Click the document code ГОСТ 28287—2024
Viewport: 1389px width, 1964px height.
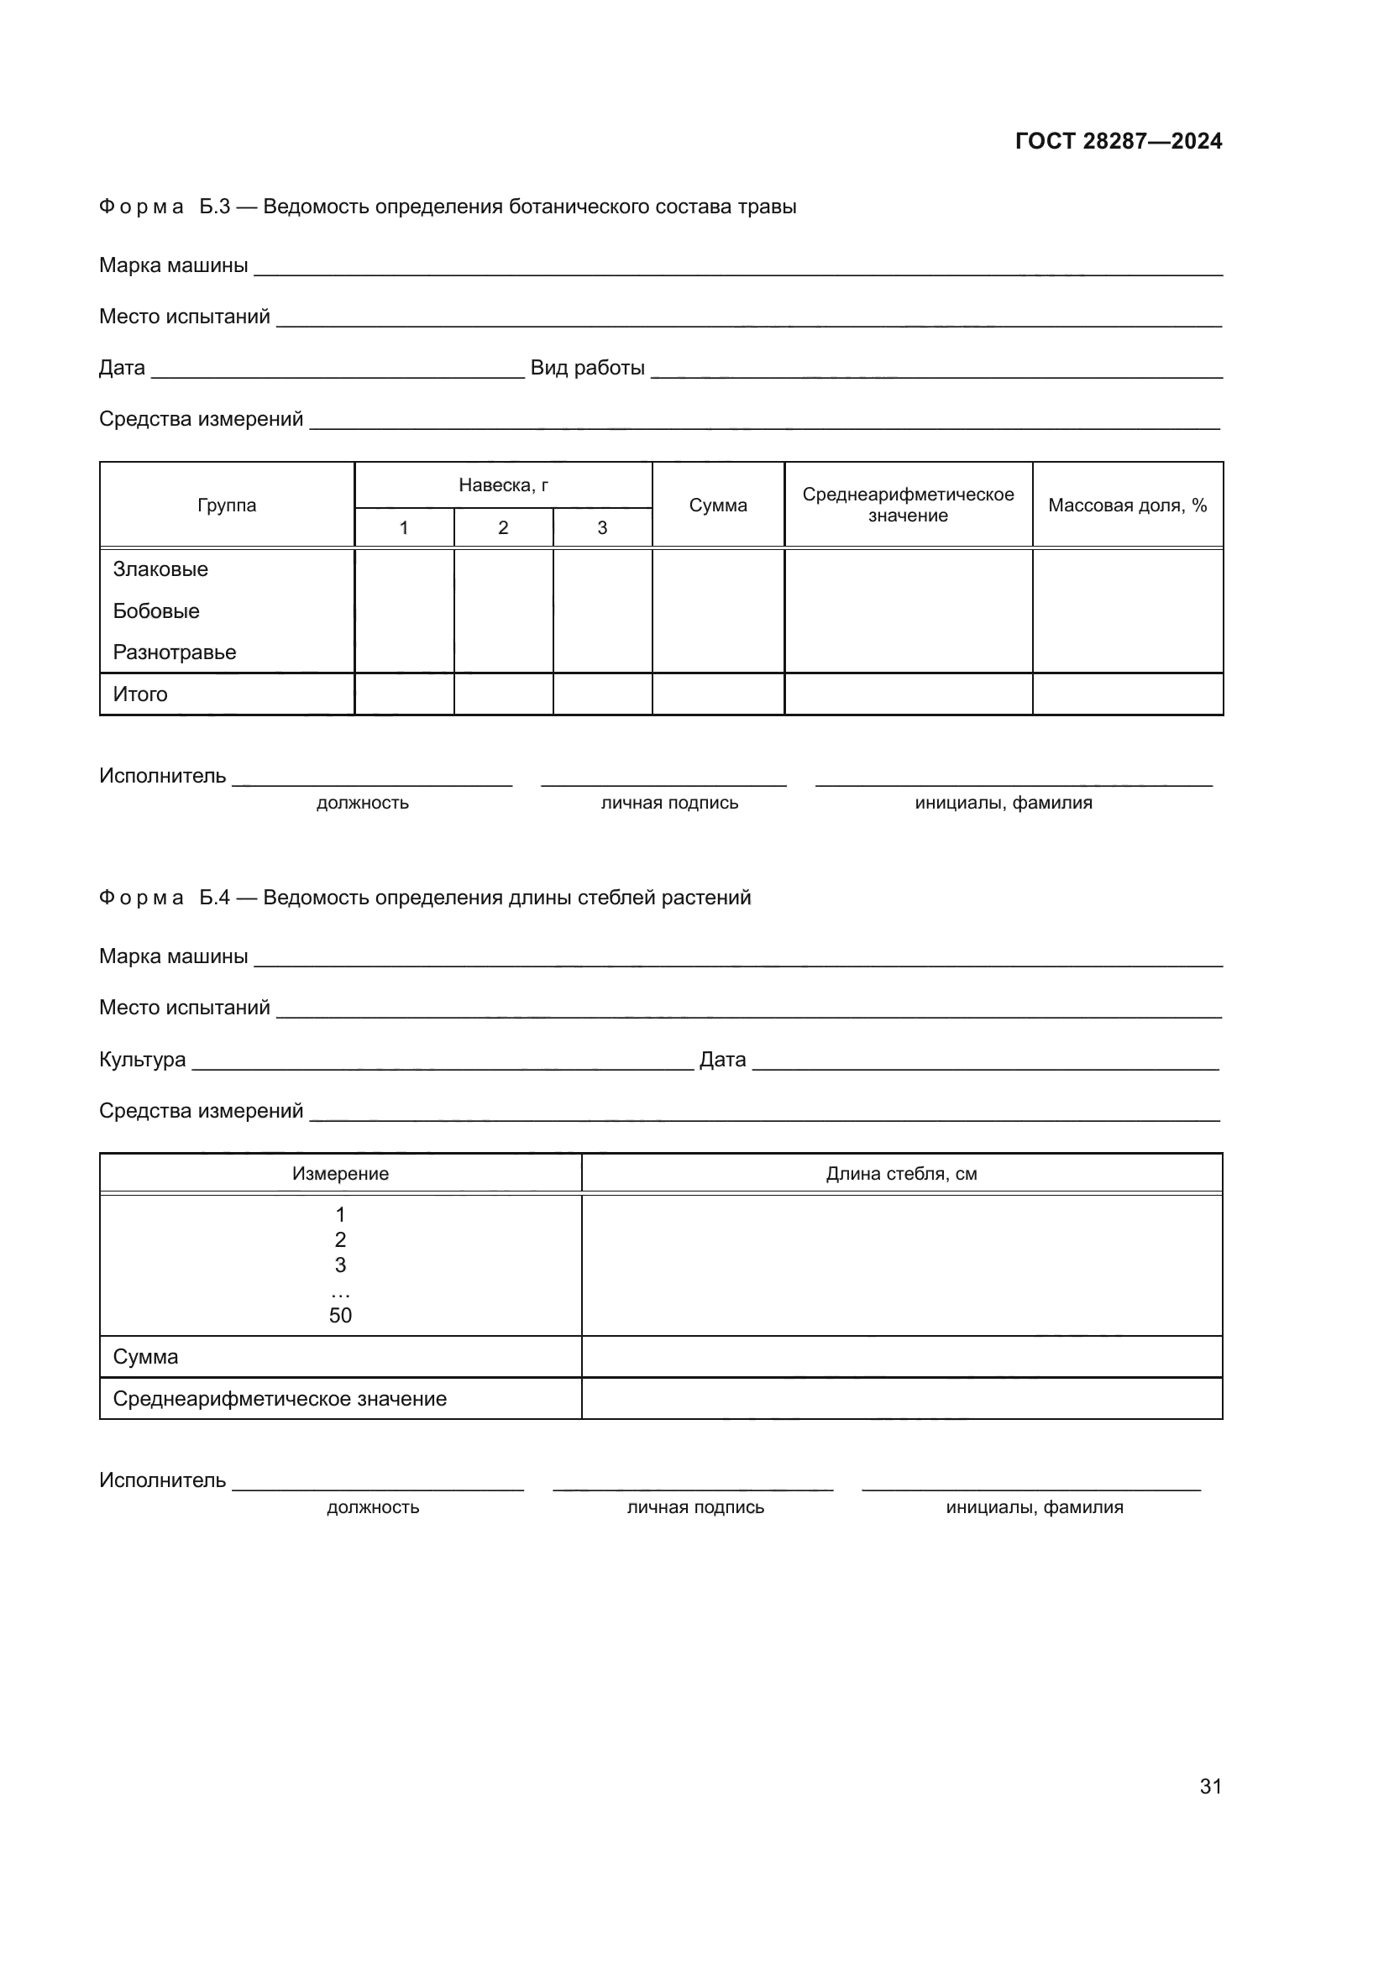(1118, 141)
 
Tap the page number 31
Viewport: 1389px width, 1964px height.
(1210, 1786)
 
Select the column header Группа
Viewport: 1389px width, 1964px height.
(227, 505)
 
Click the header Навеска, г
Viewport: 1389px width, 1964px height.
(503, 485)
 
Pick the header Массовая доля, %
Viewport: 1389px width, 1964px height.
(1127, 505)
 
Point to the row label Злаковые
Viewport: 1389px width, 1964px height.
(160, 568)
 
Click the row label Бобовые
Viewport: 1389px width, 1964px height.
(156, 610)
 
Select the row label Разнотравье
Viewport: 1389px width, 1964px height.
(175, 652)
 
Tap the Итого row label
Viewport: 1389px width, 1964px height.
(140, 694)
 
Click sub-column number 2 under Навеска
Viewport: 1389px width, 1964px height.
(503, 528)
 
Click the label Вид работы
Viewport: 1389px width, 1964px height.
(588, 368)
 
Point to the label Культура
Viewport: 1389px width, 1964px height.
(142, 1059)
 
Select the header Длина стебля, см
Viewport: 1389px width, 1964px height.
(901, 1174)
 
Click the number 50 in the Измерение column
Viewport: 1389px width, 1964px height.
(340, 1315)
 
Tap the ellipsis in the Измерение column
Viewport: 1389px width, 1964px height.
(340, 1291)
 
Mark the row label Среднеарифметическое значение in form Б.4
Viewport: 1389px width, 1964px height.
(280, 1399)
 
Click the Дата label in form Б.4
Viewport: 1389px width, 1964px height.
(723, 1059)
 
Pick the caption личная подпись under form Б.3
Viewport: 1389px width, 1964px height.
(668, 803)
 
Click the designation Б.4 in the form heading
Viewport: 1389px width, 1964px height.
(215, 898)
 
